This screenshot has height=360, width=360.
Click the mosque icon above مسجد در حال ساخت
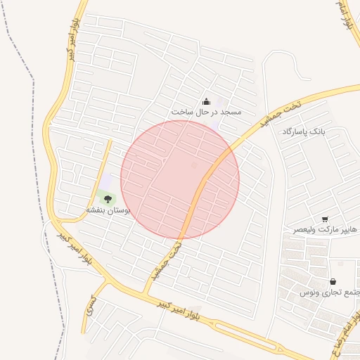tap(206, 101)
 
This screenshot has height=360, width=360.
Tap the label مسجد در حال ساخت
tap(206, 112)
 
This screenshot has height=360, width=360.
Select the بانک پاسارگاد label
tap(304, 131)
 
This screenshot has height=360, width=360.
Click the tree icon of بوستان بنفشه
tap(108, 200)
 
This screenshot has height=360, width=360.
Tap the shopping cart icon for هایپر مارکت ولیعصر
tap(325, 219)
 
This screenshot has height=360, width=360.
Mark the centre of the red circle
tap(180, 179)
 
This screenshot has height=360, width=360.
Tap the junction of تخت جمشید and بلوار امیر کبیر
tap(148, 290)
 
